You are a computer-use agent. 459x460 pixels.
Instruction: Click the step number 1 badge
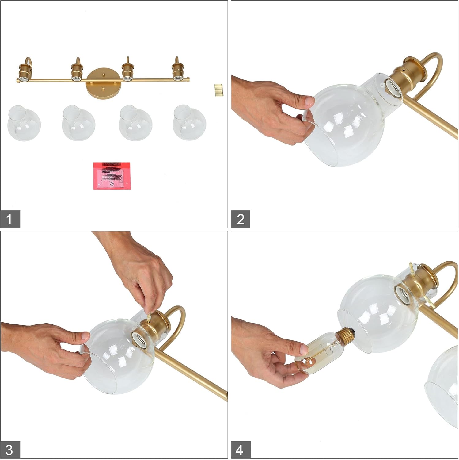click(10, 219)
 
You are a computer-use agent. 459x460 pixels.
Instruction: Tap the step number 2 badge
click(241, 219)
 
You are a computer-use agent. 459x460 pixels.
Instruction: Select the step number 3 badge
click(10, 450)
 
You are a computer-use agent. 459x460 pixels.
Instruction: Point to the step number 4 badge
click(241, 450)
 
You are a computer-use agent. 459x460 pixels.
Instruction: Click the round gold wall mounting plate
click(104, 84)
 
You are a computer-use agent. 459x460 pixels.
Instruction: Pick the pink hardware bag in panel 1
click(112, 176)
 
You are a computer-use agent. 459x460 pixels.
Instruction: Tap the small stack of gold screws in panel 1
click(218, 90)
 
